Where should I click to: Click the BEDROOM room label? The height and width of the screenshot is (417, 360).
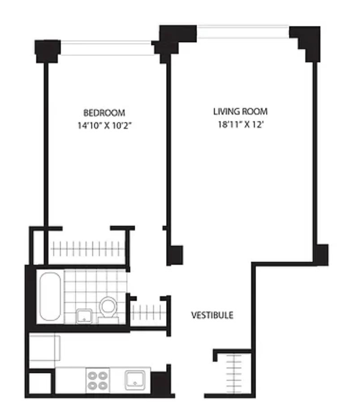point(104,113)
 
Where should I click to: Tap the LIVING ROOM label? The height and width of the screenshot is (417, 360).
point(240,111)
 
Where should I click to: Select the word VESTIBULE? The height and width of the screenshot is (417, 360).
point(212,315)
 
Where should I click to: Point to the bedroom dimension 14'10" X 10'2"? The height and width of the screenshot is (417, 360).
point(105,125)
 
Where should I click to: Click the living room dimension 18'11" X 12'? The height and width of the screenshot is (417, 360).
point(240,124)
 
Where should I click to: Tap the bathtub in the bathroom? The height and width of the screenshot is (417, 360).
point(50,296)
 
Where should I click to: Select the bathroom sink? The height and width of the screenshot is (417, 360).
point(84,316)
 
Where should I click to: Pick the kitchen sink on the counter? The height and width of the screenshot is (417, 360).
point(135,380)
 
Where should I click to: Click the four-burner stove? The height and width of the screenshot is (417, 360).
point(98,381)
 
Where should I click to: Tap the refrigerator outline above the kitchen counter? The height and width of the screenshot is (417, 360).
point(44,348)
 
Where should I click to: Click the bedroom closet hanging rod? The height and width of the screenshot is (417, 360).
point(88,249)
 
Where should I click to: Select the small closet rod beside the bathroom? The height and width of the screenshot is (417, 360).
point(149,312)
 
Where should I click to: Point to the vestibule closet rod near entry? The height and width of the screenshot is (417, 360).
point(234,374)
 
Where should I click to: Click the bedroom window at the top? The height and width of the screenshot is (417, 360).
point(107,48)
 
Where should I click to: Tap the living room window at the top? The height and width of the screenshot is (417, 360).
point(243,32)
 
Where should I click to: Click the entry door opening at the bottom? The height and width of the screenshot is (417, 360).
point(189,396)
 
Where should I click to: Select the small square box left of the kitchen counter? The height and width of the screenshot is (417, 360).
point(40,383)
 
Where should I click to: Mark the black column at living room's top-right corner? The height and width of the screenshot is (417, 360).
point(306,43)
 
